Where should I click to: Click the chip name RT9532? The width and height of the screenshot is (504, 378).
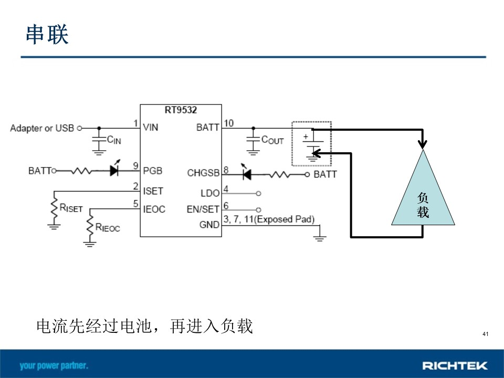tap(181, 110)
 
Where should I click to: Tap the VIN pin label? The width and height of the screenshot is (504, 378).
tap(151, 127)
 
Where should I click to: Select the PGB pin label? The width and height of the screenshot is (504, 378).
tap(152, 171)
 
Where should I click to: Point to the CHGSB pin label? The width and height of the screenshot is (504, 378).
tap(203, 173)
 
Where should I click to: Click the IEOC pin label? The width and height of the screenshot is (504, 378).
tap(154, 209)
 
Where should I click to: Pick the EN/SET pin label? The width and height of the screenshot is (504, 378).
tap(203, 209)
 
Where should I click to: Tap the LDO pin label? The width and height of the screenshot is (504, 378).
tap(210, 193)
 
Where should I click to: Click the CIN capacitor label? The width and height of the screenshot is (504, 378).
tap(114, 140)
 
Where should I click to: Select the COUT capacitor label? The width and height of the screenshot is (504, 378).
tap(272, 140)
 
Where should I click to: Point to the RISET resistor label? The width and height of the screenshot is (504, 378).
tap(71, 208)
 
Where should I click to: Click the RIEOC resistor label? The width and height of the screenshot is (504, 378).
tap(107, 227)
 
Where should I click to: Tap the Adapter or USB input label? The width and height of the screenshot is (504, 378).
tap(42, 128)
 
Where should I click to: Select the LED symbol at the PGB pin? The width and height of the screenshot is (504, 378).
tap(114, 170)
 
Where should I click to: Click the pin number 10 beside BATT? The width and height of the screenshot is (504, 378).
tap(228, 123)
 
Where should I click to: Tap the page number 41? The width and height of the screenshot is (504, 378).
tap(485, 334)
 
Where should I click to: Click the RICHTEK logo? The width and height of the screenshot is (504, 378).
tap(455, 365)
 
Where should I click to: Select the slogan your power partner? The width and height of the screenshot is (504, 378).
tap(54, 366)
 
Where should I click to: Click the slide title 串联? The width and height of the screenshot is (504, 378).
tap(47, 34)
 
